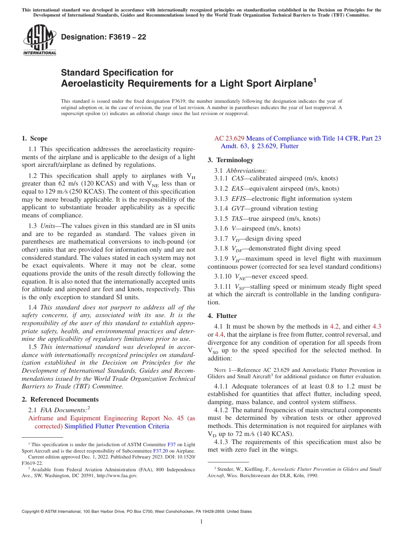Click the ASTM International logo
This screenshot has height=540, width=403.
click(39, 40)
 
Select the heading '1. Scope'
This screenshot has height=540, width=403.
click(34, 138)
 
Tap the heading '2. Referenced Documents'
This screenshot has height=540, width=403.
click(60, 399)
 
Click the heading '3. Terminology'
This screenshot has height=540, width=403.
click(230, 160)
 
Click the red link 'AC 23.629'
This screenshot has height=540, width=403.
click(229, 138)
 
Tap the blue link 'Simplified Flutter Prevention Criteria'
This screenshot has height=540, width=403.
click(117, 426)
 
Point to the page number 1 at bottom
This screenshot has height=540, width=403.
click(201, 522)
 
